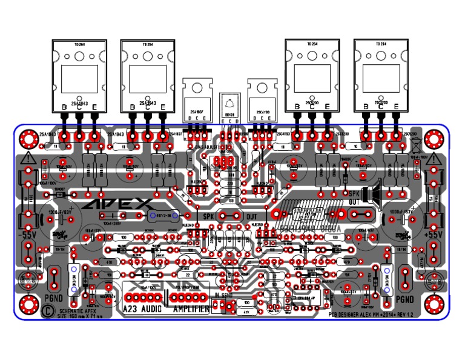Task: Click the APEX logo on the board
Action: [x=119, y=206]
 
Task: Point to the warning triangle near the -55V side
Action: [x=27, y=160]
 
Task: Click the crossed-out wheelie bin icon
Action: [x=416, y=145]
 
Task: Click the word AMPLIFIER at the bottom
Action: [x=191, y=310]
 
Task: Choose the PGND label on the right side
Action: [x=404, y=298]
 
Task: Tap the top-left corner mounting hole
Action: [x=28, y=139]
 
